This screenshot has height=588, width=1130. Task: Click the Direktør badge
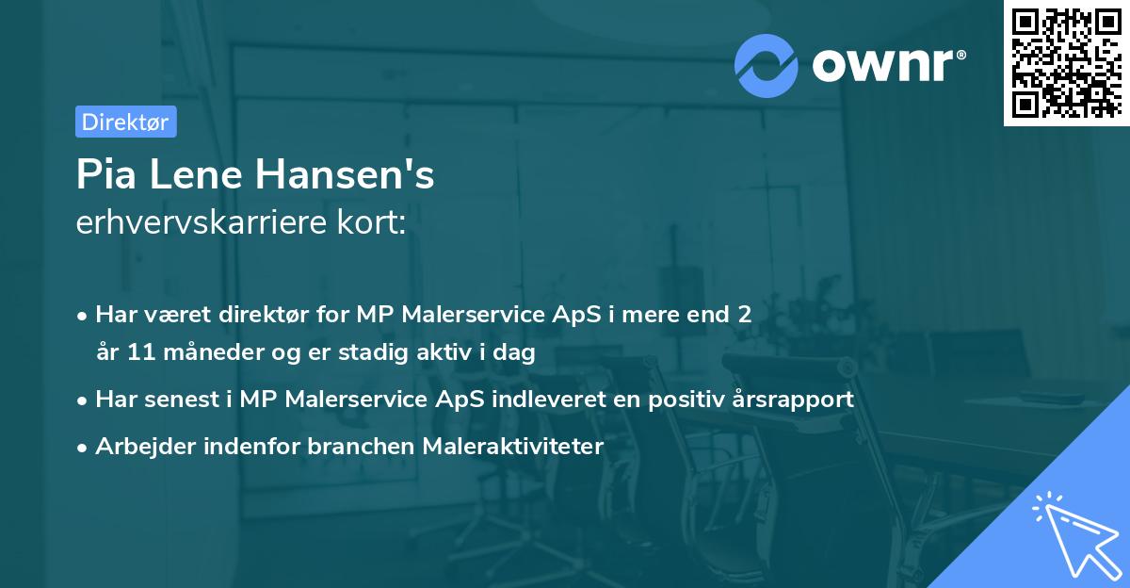coord(125,122)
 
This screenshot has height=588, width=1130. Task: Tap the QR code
coord(1064,62)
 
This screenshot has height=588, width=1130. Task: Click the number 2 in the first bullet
coord(745,314)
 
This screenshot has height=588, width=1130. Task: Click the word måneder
coord(201,353)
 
